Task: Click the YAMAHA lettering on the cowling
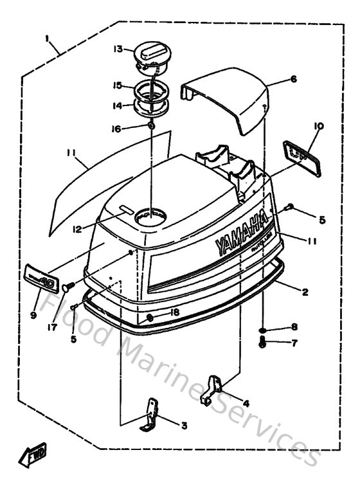[x=242, y=232]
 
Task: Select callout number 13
[x=118, y=50]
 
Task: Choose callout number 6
[x=293, y=79]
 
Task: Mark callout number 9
[x=34, y=316]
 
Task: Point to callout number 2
[x=305, y=292]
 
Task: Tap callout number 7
[x=294, y=343]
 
